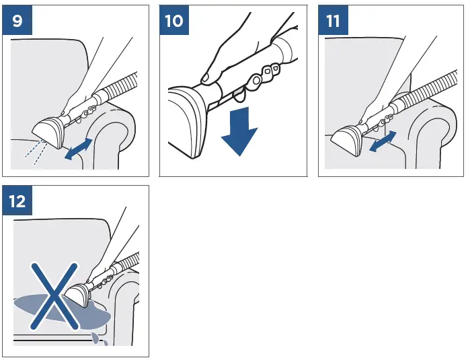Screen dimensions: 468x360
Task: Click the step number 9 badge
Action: (x=17, y=20)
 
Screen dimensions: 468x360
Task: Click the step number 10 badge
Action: (x=174, y=20)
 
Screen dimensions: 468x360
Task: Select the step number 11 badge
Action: (x=333, y=20)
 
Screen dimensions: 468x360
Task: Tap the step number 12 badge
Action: (x=17, y=201)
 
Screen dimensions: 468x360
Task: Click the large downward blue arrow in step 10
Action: (x=239, y=131)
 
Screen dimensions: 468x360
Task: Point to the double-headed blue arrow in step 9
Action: (x=79, y=149)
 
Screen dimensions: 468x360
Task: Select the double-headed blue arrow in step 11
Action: (x=383, y=141)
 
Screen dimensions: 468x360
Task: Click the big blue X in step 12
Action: (x=55, y=296)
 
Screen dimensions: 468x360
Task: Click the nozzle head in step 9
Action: (x=49, y=133)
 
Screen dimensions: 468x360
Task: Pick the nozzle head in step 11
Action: (x=347, y=140)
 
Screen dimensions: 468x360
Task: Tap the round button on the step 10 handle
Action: (x=256, y=80)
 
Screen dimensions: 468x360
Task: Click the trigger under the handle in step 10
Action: (x=239, y=94)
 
